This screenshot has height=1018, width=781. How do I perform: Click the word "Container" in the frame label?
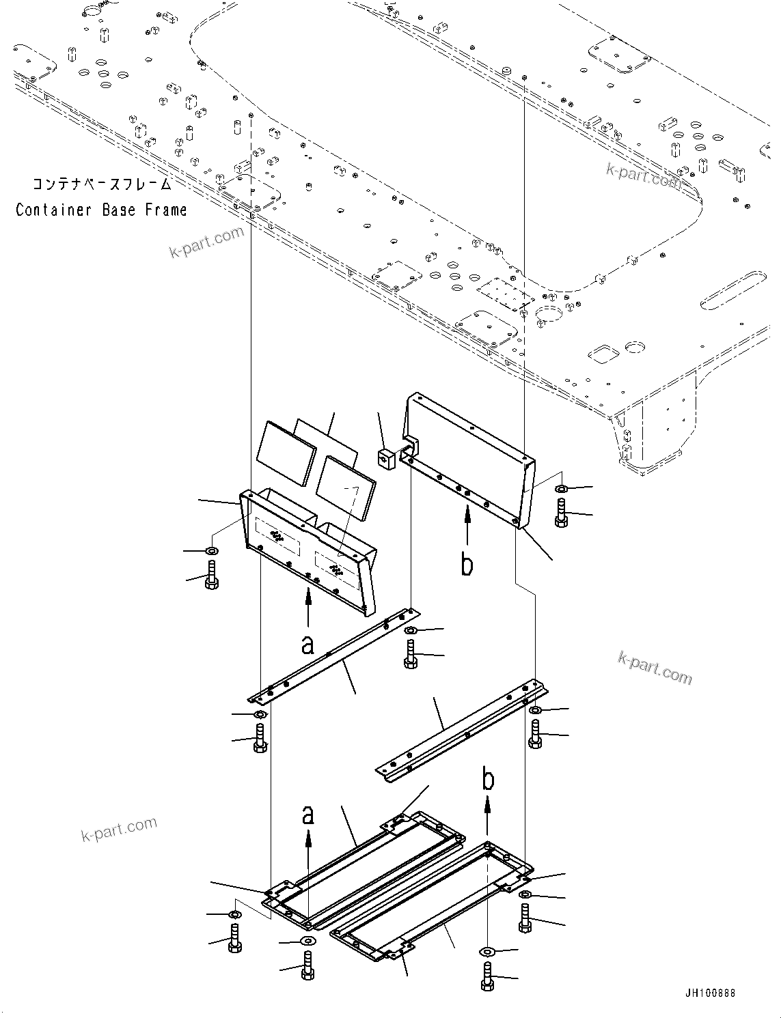54,210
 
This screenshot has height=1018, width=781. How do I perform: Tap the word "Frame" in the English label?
166,210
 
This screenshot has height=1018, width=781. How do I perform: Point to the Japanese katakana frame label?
101,184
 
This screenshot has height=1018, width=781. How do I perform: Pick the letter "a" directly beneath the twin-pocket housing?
308,643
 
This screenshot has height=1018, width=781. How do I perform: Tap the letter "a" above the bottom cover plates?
308,814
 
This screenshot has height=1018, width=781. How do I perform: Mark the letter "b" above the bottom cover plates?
488,780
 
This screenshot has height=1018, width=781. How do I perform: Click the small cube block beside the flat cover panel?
386,459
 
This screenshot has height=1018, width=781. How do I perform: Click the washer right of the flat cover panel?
561,489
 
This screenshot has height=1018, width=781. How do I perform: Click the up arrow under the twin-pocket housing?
308,606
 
